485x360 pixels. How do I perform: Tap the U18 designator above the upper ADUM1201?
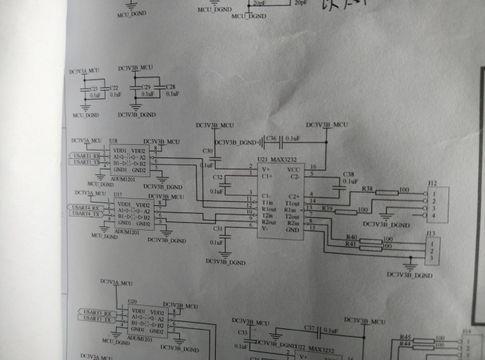[113, 141]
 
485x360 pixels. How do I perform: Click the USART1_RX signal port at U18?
[86, 155]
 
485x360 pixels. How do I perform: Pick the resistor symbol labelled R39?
[345, 212]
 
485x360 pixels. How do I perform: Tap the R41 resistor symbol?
[370, 248]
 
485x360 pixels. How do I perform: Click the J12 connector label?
[432, 184]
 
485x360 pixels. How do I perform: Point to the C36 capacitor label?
[272, 139]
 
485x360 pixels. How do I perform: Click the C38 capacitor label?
[348, 174]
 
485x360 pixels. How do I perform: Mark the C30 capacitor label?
[207, 151]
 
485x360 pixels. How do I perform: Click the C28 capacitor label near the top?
[171, 86]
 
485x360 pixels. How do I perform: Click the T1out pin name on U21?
[292, 203]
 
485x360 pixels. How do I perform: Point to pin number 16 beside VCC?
[313, 167]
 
